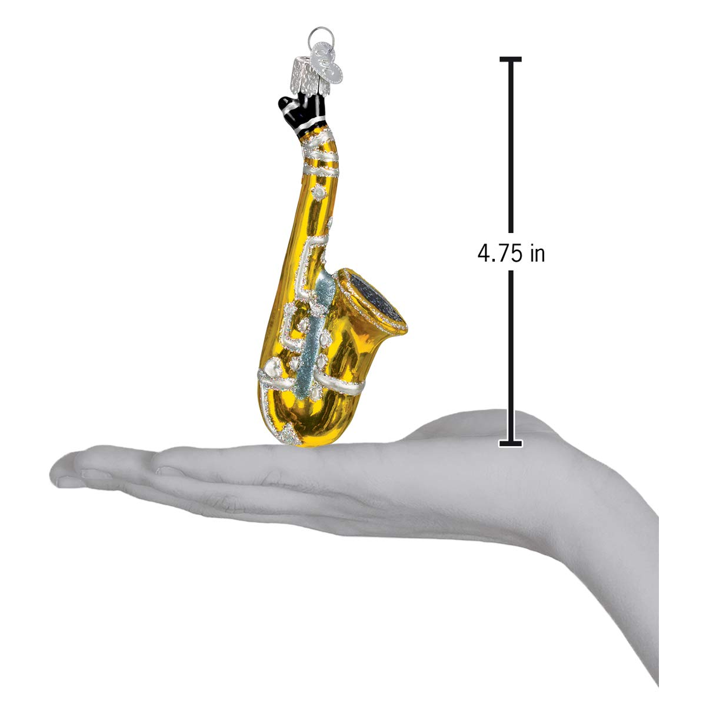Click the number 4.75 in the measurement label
point(499,254)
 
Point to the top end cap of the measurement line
point(511,59)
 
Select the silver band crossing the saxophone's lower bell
point(347,385)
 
